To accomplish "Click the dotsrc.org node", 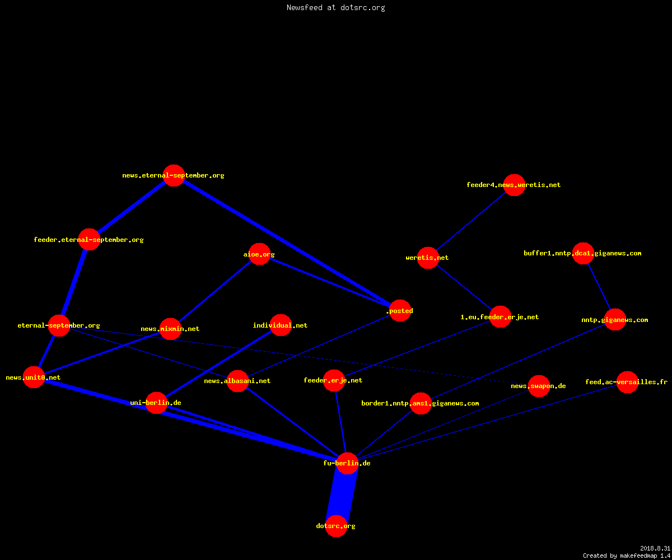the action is [336, 526].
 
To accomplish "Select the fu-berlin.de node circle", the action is [347, 463].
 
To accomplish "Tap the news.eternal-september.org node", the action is [174, 175].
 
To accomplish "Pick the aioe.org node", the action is [259, 254].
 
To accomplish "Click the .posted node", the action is [400, 311].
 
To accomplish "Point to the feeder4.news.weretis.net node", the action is [514, 185].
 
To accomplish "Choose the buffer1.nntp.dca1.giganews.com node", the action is [583, 253].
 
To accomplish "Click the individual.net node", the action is [281, 325].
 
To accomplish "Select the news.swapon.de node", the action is [539, 386].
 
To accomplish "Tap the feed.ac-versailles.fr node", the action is [627, 382].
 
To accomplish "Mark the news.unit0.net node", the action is [34, 377].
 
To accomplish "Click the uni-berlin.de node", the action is [156, 403].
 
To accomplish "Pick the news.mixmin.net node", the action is [170, 329].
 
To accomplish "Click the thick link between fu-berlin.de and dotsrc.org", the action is [342, 494].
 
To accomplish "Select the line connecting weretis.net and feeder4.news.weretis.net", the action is [471, 221].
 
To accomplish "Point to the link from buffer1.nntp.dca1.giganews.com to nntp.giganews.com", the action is [599, 286].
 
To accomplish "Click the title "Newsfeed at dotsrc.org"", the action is [335, 7].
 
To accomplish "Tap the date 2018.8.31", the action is [655, 548].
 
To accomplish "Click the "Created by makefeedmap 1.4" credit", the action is [627, 556].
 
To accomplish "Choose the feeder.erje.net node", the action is [334, 380].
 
